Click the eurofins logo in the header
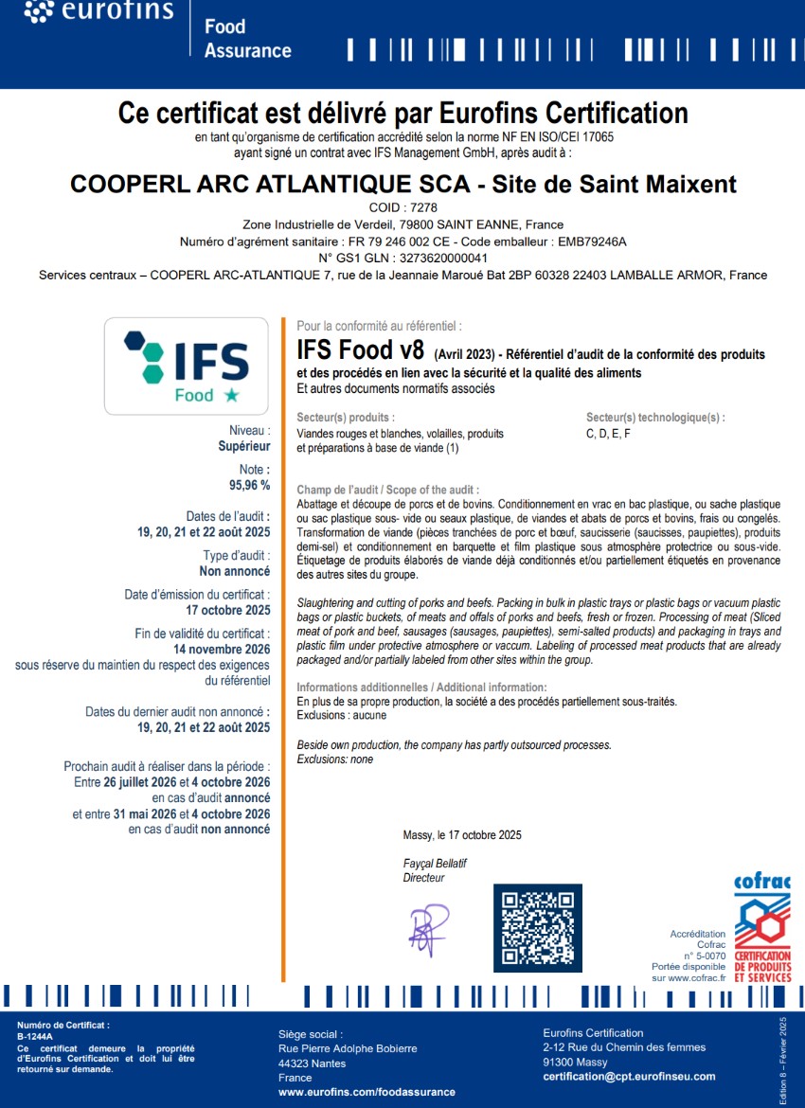(98, 11)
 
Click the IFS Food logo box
(187, 366)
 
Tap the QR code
(537, 928)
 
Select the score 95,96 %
(249, 485)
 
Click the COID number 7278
(420, 207)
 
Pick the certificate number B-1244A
(35, 1036)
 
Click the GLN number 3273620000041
(443, 259)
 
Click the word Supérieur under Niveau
(244, 446)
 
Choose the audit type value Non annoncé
(235, 572)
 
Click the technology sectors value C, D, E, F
(608, 434)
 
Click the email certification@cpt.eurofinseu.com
(629, 1077)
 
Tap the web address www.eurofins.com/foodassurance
(367, 1092)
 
